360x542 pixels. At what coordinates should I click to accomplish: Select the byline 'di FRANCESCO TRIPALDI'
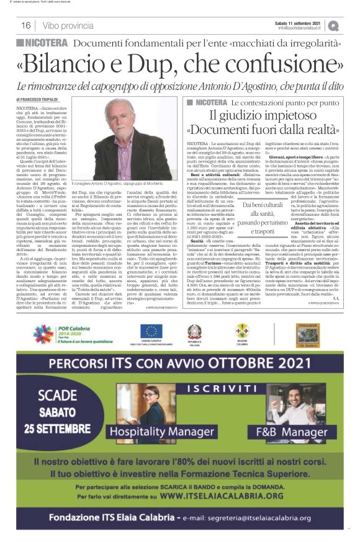[36, 99]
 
